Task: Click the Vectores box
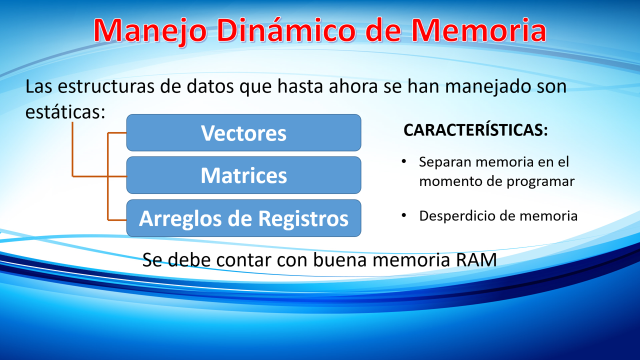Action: (243, 133)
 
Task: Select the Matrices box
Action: (243, 175)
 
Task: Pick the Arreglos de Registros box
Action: (243, 218)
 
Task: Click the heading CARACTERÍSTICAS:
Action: (475, 130)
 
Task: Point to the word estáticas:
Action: (65, 111)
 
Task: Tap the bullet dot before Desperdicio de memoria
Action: (404, 215)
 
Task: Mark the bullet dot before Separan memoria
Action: (404, 161)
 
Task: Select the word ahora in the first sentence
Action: (353, 86)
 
